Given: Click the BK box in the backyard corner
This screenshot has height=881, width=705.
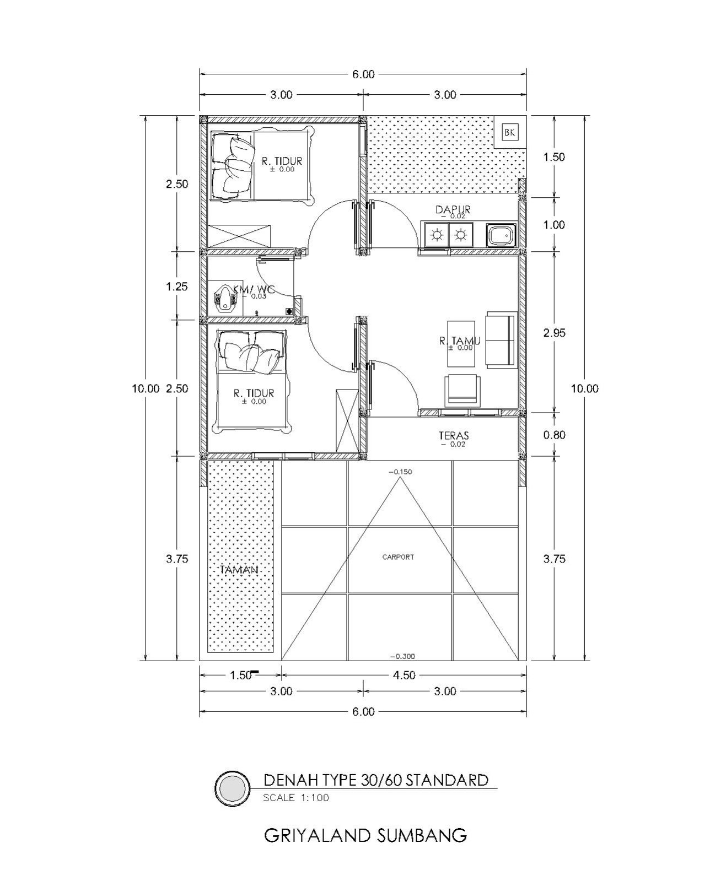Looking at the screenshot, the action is pos(510,132).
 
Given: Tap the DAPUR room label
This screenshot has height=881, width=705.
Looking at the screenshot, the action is pos(453,209).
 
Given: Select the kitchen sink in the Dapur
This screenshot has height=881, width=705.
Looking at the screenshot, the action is pos(500,235).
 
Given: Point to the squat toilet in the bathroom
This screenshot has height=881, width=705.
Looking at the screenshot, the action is pos(224,298).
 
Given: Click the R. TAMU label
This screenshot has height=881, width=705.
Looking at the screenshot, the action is pos(460,340).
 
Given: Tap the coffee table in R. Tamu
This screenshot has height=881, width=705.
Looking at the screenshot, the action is pos(461,344).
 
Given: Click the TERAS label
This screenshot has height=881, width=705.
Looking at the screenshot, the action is pos(454,435).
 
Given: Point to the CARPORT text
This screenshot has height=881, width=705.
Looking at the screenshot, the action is pos(398,557).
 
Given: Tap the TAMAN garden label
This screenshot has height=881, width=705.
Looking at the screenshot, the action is pos(239,570).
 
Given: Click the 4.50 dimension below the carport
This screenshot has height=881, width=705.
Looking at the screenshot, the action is pos(404,675).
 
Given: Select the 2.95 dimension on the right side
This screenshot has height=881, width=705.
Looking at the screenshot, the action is pos(555,333).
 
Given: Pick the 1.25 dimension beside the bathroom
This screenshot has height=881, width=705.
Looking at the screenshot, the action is pos(176,286).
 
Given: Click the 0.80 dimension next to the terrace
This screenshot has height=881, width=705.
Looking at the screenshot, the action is pos(555,434).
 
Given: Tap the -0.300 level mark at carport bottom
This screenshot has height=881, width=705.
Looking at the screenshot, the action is pos(402,656).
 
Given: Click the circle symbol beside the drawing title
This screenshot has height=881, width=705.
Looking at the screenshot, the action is pos(233,788).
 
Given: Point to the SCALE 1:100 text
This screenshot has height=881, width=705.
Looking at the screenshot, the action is pos(296,797).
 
